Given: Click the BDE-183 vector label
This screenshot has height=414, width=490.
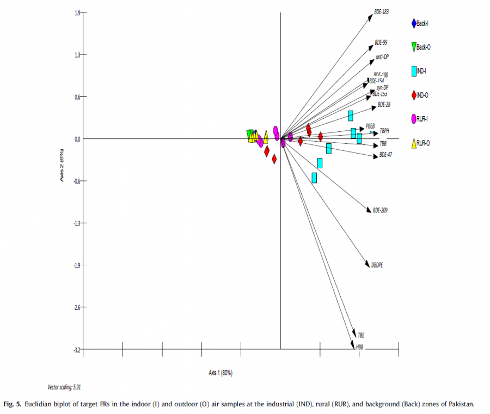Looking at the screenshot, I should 381,11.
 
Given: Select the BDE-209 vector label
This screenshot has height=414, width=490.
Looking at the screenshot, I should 380,210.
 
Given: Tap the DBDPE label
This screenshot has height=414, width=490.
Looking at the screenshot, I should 377,265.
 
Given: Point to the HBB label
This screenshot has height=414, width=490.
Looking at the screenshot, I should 359,347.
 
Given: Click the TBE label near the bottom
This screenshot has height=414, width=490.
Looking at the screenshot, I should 361,334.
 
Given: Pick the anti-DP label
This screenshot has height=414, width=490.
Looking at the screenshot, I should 382,57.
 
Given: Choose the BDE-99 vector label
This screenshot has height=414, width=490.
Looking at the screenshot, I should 381,42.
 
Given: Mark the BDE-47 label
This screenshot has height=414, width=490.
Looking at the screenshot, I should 385,155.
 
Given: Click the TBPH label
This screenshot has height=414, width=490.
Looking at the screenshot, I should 384,131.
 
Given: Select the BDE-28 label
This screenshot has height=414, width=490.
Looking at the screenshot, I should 383,104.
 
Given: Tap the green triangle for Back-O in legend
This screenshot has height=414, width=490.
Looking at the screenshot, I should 414,47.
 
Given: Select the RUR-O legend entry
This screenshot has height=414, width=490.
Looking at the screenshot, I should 424,143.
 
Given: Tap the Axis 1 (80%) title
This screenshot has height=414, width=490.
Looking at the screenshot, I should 220,373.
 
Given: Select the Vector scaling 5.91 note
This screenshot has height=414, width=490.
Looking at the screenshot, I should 64,387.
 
